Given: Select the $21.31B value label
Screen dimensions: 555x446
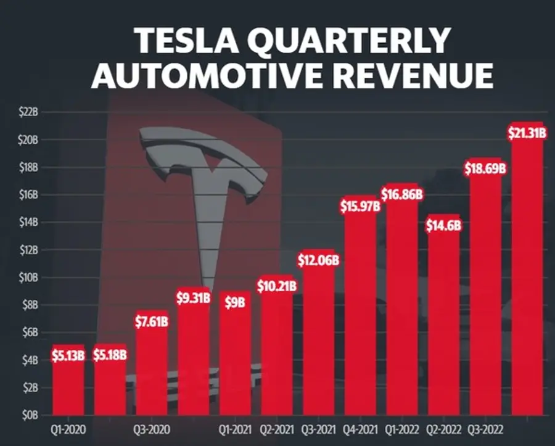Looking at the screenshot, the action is (x=527, y=133).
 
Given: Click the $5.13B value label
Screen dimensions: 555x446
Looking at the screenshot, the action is (x=68, y=355).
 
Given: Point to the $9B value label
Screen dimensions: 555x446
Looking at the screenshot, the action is (x=235, y=303).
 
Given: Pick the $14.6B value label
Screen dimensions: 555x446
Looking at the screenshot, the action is (x=443, y=226).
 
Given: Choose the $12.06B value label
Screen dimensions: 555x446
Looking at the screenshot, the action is (x=318, y=260).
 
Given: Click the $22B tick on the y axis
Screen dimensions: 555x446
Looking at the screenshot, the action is (x=28, y=112).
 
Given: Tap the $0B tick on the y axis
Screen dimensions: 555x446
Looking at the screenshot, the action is (x=30, y=415).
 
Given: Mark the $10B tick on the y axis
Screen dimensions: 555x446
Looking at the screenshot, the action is (x=28, y=278).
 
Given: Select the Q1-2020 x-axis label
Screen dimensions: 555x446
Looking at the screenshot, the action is (x=68, y=430).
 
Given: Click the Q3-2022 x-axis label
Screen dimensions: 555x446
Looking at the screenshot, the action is (x=485, y=430).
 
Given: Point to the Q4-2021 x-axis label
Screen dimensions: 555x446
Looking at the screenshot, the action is (x=360, y=430).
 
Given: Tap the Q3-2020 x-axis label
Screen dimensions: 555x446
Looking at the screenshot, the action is (x=152, y=430).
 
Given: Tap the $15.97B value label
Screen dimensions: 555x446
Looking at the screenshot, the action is (x=360, y=207).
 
